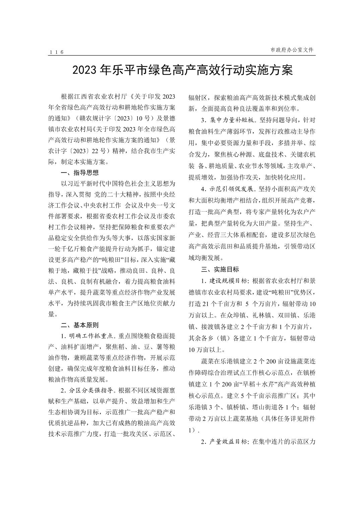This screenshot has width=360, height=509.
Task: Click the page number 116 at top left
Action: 56,52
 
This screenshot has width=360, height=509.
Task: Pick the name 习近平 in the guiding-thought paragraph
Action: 79,184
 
